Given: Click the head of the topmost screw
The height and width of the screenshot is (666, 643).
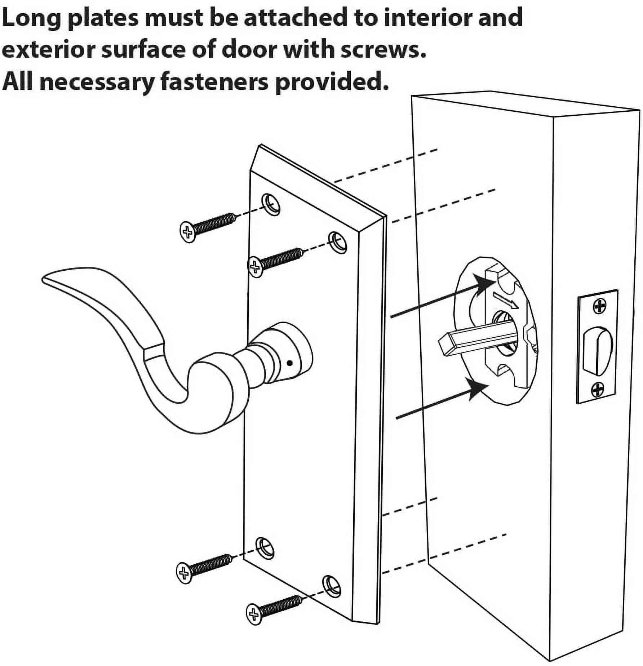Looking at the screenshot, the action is [x=188, y=231].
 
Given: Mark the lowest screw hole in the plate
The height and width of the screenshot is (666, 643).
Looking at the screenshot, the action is [x=332, y=586].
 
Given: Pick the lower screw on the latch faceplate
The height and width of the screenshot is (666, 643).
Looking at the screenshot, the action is [x=598, y=390].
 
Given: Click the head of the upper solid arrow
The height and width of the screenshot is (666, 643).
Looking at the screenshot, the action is [x=484, y=284].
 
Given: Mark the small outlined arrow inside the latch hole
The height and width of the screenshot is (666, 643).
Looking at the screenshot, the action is [x=506, y=299].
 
